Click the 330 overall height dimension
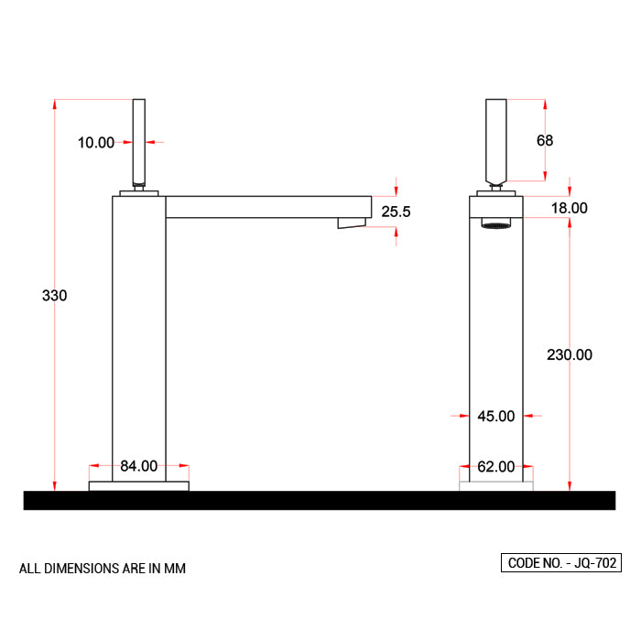pyautogui.click(x=55, y=296)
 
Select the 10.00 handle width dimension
pyautogui.click(x=95, y=142)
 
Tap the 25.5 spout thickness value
pyautogui.click(x=396, y=212)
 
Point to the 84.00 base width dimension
pyautogui.click(x=139, y=466)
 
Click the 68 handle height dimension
pyautogui.click(x=545, y=140)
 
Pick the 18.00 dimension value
pyautogui.click(x=569, y=208)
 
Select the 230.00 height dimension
pyautogui.click(x=570, y=354)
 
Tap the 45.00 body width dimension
pyautogui.click(x=495, y=416)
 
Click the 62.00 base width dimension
pyautogui.click(x=495, y=467)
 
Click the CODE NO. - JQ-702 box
pyautogui.click(x=560, y=563)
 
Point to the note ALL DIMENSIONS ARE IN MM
pyautogui.click(x=103, y=569)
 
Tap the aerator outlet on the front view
pyautogui.click(x=495, y=223)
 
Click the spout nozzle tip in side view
pyautogui.click(x=352, y=223)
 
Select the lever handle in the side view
pyautogui.click(x=139, y=141)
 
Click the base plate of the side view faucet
pyautogui.click(x=139, y=485)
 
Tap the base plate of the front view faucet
pyautogui.click(x=495, y=485)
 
